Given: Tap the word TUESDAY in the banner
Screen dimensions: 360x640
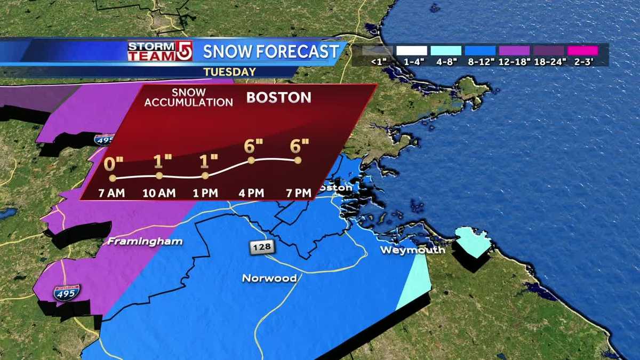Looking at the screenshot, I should point(229,71).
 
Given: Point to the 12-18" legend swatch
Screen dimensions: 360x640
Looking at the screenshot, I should point(515,51).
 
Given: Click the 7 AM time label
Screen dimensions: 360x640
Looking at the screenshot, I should point(111,193).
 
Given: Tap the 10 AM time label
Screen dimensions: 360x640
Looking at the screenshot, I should point(159,193).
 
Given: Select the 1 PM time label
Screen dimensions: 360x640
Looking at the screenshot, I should point(205,193).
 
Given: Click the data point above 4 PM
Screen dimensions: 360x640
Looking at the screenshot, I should point(251,159).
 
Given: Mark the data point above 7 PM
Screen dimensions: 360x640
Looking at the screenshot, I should point(298,160).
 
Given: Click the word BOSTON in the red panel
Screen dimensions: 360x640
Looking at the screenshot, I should point(278,98).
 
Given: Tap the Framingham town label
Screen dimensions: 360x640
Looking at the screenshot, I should point(145,242).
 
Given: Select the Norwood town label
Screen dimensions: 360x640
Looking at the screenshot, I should point(269,278).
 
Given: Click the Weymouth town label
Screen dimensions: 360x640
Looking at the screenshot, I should point(412,250).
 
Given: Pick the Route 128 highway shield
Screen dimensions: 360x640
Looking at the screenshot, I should point(258,247).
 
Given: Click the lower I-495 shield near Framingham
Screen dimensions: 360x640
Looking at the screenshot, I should point(67,292).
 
